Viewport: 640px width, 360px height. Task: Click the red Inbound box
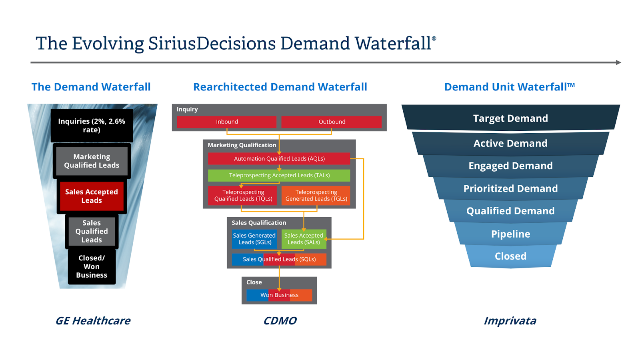pyautogui.click(x=226, y=122)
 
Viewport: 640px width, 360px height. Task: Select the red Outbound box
pyautogui.click(x=332, y=122)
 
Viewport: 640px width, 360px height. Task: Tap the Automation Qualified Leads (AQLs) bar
pyautogui.click(x=279, y=158)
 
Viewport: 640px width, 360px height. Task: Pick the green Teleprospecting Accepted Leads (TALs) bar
pyautogui.click(x=279, y=176)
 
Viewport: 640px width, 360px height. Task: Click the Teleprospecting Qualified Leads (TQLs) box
pyautogui.click(x=242, y=196)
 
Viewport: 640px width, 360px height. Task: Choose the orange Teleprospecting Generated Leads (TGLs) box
pyautogui.click(x=316, y=196)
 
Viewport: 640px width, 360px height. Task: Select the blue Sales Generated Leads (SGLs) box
pyautogui.click(x=254, y=239)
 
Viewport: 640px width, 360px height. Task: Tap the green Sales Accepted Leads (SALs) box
pyautogui.click(x=304, y=239)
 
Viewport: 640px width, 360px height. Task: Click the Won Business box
pyautogui.click(x=279, y=295)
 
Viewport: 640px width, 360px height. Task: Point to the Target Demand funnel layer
pyautogui.click(x=510, y=118)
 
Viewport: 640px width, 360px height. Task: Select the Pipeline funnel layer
pyautogui.click(x=510, y=234)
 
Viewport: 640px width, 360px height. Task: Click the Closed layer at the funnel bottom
pyautogui.click(x=510, y=256)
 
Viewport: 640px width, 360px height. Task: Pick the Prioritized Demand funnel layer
pyautogui.click(x=510, y=188)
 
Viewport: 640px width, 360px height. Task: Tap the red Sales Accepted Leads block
pyautogui.click(x=92, y=196)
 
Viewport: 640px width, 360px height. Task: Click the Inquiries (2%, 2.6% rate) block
pyautogui.click(x=92, y=126)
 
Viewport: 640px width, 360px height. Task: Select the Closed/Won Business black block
pyautogui.click(x=92, y=266)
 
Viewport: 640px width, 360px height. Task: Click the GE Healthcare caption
pyautogui.click(x=93, y=321)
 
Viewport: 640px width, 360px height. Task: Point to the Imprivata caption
pyautogui.click(x=510, y=321)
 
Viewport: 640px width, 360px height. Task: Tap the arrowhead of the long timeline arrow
pyautogui.click(x=618, y=62)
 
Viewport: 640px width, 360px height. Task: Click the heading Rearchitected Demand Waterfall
pyautogui.click(x=280, y=87)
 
